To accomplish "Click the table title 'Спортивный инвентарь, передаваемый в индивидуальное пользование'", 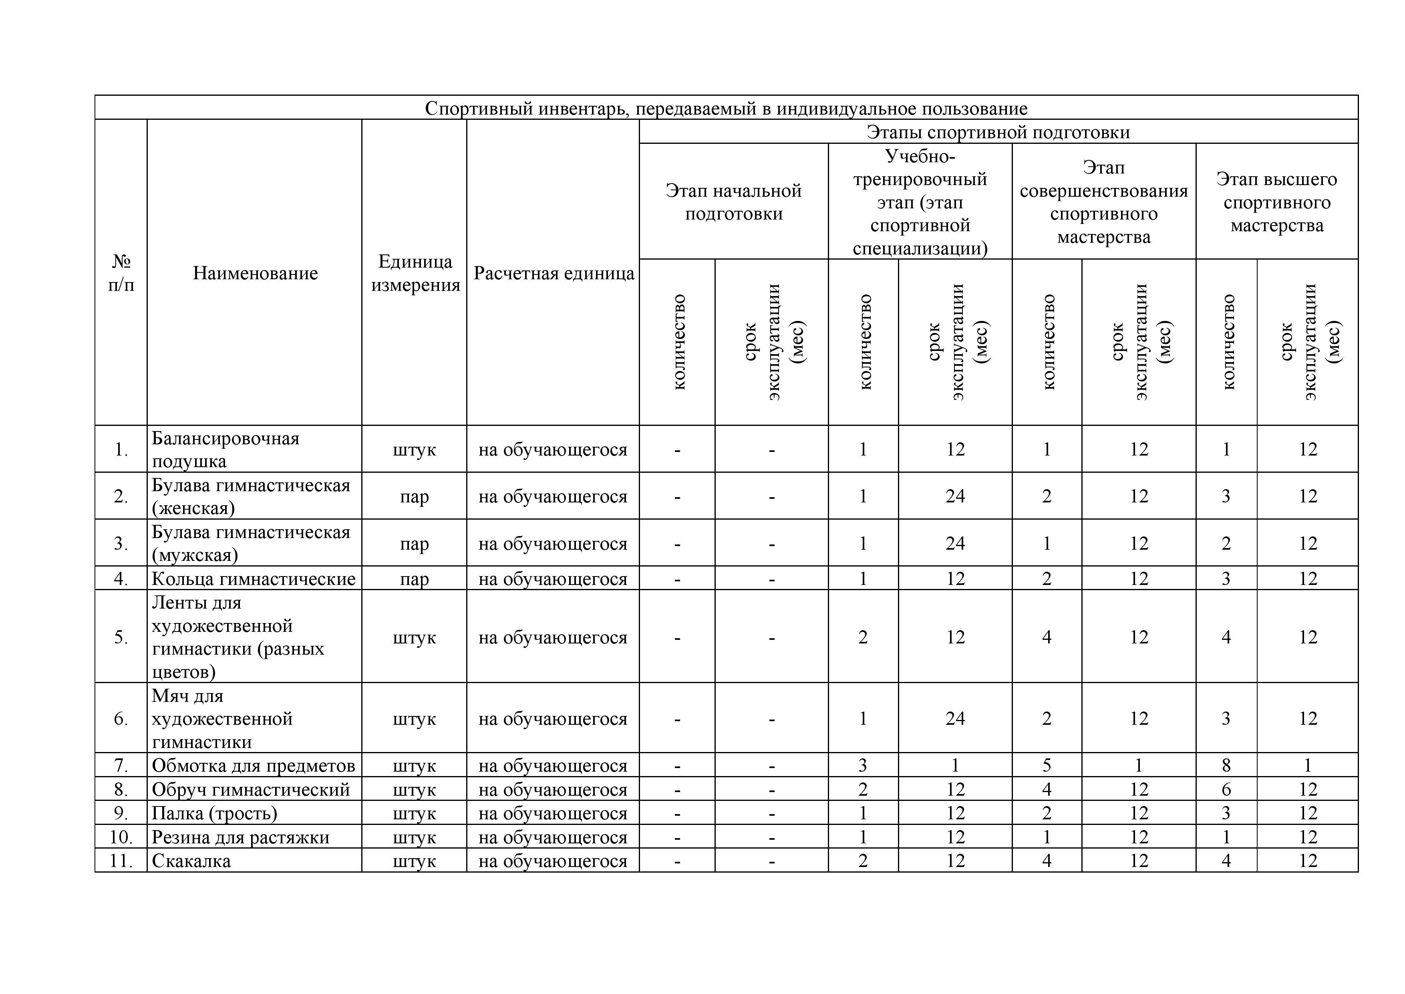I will [x=726, y=108].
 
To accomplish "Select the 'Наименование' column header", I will [x=255, y=273].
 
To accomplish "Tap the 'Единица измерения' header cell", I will [x=415, y=273].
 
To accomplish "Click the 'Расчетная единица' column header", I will [x=553, y=273].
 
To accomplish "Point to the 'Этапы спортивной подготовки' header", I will [x=997, y=131].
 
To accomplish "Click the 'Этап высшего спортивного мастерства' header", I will [x=1276, y=202].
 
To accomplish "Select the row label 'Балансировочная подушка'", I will [x=225, y=449].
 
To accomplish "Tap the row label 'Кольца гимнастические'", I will [x=254, y=579].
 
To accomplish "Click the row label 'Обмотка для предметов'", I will [x=254, y=766].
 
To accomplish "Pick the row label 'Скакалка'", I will [x=191, y=861].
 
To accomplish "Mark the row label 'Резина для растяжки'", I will [x=240, y=837].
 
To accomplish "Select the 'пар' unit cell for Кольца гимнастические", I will [x=414, y=579].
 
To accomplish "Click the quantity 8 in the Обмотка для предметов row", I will [x=1226, y=766].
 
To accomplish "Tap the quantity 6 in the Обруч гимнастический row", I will [x=1226, y=790].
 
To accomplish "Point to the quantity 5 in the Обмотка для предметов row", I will [x=1047, y=766].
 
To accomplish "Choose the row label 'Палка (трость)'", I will [x=214, y=813].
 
